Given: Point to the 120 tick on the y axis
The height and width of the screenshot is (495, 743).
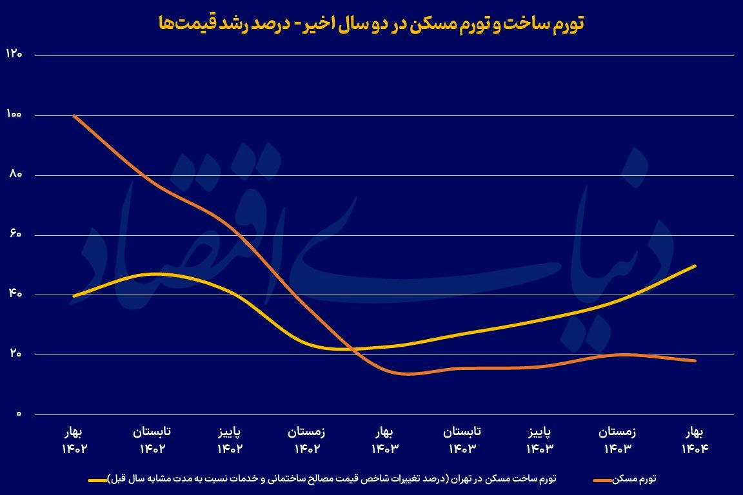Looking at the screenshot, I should [x=14, y=55].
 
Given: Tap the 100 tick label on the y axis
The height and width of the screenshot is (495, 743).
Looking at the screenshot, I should [x=14, y=115].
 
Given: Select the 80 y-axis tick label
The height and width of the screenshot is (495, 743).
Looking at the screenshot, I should [x=14, y=175].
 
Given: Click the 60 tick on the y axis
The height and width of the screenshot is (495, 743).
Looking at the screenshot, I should [x=14, y=235].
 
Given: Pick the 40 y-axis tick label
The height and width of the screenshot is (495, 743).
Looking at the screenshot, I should [x=14, y=295].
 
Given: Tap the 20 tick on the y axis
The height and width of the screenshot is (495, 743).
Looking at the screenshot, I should [x=14, y=354].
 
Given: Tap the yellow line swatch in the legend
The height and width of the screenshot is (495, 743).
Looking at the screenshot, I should [x=106, y=480].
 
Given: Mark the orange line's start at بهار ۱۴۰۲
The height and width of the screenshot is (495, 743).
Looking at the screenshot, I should [x=75, y=116].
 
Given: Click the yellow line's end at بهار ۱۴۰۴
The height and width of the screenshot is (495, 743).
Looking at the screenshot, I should [x=695, y=266].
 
